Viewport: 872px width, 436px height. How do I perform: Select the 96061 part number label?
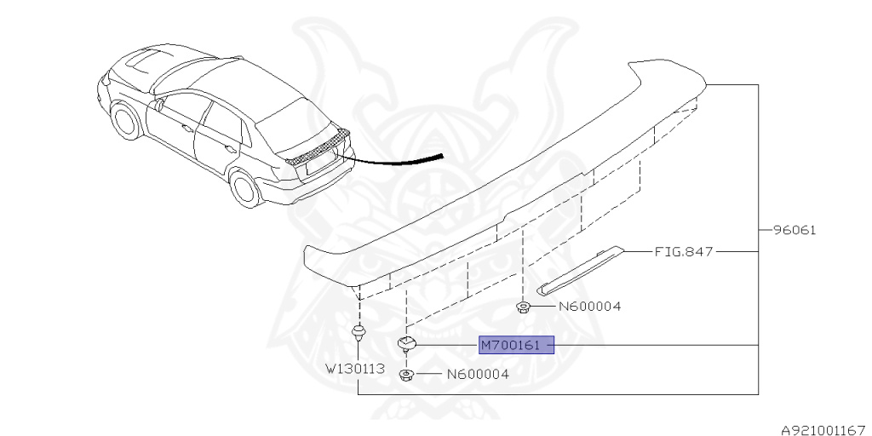click(794, 230)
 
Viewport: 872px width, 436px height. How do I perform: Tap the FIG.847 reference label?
click(683, 252)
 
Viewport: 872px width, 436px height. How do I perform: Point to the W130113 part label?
click(354, 370)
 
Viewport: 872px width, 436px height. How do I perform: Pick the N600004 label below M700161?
click(478, 374)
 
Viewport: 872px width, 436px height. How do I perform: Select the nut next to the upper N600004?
click(525, 307)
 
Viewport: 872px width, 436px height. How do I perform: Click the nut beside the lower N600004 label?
click(407, 375)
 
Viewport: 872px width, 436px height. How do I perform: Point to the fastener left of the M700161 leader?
click(407, 343)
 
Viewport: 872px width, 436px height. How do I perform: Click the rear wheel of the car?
click(246, 186)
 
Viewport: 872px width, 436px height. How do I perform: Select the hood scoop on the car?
click(141, 60)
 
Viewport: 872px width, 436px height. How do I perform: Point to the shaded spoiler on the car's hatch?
click(318, 146)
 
